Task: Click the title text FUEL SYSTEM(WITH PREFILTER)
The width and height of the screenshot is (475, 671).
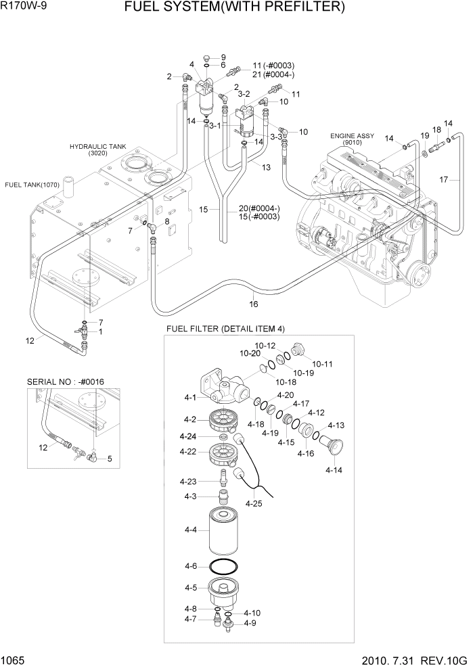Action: tap(244, 8)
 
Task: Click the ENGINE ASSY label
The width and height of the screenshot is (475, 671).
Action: tap(352, 136)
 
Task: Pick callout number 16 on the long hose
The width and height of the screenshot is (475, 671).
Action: tap(253, 304)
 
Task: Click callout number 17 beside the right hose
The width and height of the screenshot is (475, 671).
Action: tap(444, 180)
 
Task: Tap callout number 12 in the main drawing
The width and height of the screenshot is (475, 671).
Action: tap(30, 341)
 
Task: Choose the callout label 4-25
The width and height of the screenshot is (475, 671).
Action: tap(254, 503)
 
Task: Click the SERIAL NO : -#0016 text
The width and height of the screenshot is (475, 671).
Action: tap(62, 381)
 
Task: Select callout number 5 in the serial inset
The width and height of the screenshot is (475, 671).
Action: tap(110, 458)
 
